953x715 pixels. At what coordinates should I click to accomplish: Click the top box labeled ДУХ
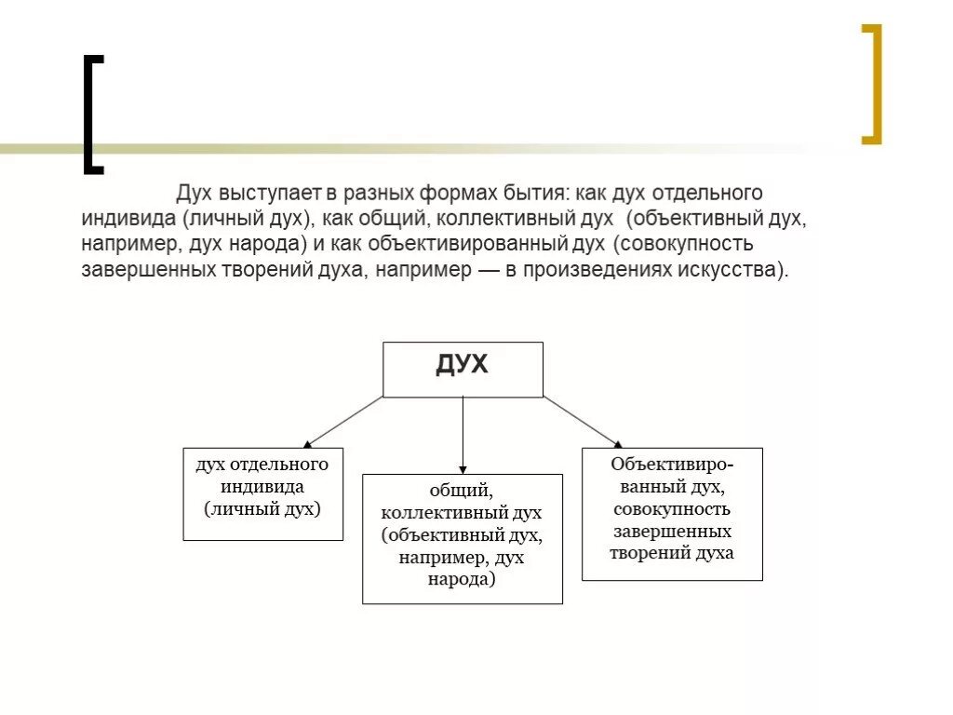click(x=463, y=369)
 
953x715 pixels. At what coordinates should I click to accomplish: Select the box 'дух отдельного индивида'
click(x=262, y=493)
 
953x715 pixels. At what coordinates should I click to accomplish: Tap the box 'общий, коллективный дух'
click(x=462, y=538)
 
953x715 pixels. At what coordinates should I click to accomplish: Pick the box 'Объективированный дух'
click(x=672, y=514)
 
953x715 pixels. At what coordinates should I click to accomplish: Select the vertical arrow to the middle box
click(x=463, y=434)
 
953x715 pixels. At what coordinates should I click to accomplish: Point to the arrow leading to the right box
click(x=583, y=421)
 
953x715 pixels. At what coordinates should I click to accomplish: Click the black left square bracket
click(x=91, y=115)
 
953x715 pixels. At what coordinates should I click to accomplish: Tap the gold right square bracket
click(x=871, y=84)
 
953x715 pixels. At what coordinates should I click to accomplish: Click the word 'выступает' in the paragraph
click(x=271, y=195)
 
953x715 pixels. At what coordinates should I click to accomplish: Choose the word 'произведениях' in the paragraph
click(x=606, y=271)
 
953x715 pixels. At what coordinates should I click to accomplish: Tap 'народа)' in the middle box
click(x=462, y=579)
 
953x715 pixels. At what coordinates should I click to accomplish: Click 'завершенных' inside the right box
click(x=672, y=532)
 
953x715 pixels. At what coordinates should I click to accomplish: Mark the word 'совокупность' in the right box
click(x=672, y=509)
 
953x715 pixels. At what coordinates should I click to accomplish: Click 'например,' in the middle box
click(x=438, y=558)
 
